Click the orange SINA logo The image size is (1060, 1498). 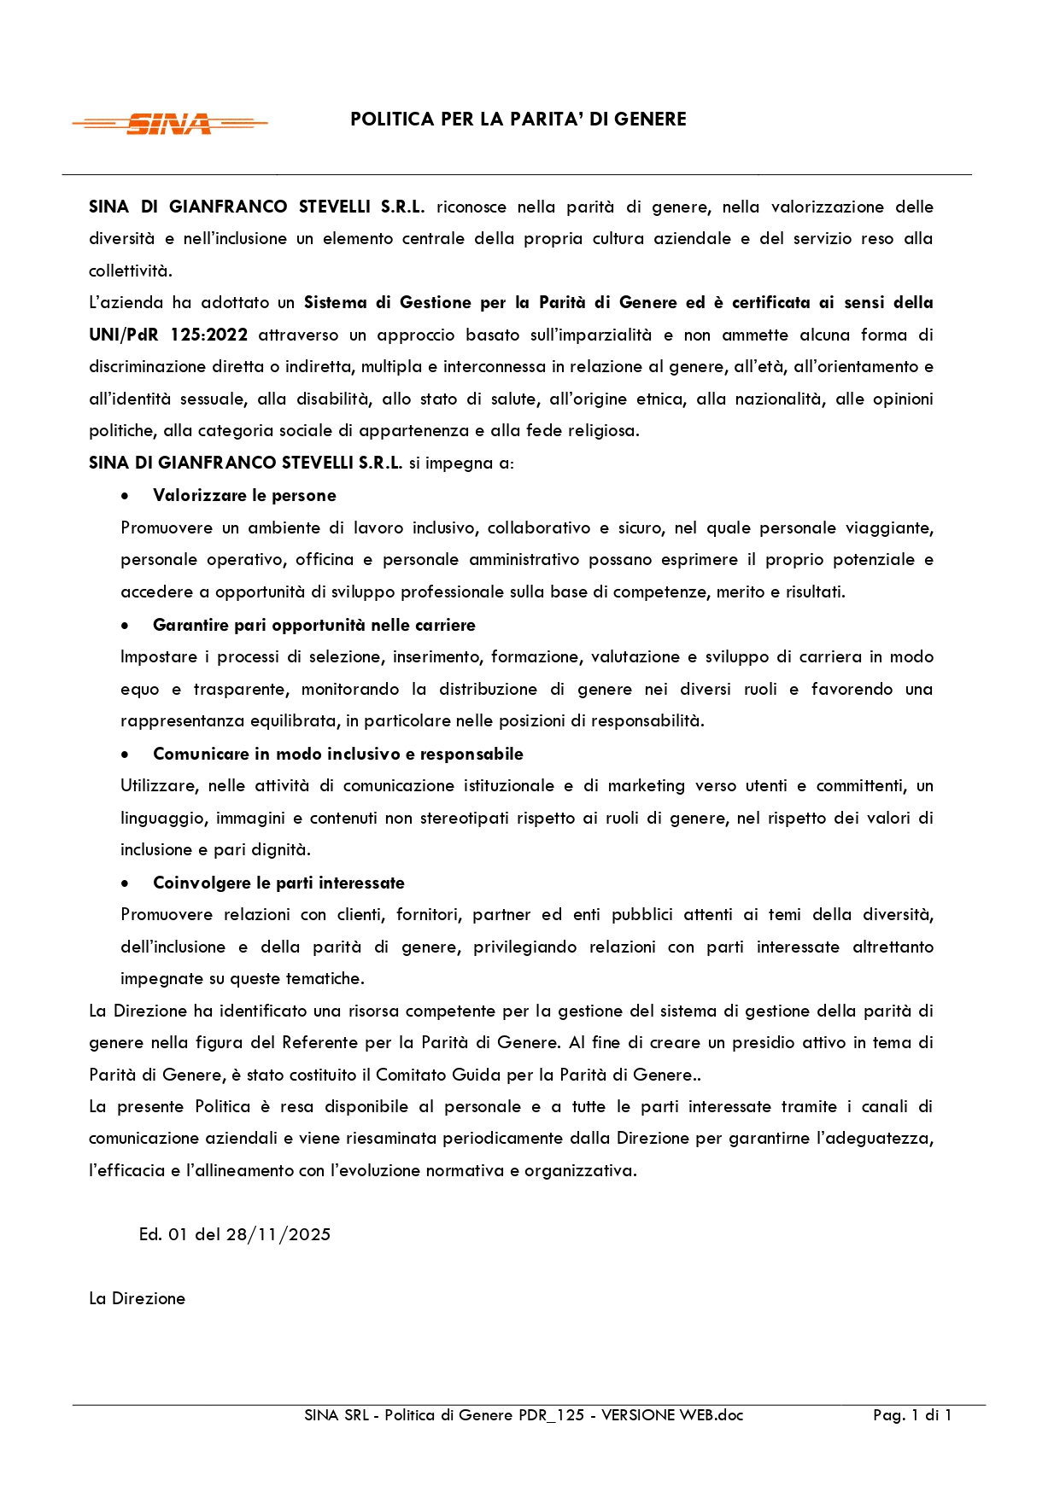point(169,124)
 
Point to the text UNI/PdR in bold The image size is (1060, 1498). point(123,335)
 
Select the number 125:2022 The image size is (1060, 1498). point(208,335)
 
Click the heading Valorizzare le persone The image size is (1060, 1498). point(244,496)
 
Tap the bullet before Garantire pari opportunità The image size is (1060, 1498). point(126,626)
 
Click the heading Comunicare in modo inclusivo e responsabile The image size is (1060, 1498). point(337,754)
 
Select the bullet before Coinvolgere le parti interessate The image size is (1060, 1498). point(126,883)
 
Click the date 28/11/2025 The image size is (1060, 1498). point(278,1234)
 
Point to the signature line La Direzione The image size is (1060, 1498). point(137,1298)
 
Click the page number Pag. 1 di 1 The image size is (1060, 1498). point(911,1415)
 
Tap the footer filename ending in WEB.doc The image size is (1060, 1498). point(524,1415)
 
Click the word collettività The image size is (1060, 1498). point(130,271)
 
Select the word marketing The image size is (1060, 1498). point(646,786)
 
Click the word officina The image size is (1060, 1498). point(324,560)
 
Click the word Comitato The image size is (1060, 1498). point(411,1075)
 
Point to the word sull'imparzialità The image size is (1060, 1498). point(590,335)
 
